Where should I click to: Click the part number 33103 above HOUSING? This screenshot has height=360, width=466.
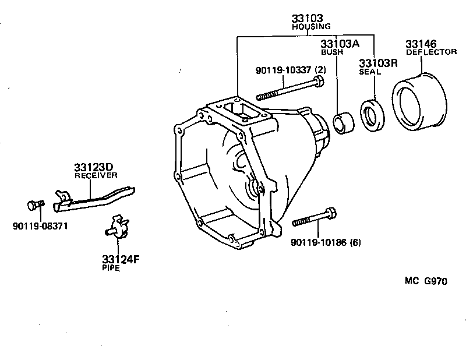tap(307, 19)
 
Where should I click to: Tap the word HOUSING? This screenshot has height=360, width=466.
tap(311, 27)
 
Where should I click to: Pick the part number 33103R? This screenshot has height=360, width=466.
tap(377, 63)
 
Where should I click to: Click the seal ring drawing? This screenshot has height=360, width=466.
tap(372, 114)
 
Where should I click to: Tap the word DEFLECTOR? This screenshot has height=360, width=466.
tap(430, 52)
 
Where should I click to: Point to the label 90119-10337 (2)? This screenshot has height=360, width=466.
tap(291, 70)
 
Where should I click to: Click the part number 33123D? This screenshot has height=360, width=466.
tap(92, 167)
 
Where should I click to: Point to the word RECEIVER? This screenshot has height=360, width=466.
tap(96, 175)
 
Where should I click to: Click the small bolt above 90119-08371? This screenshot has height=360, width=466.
tap(34, 205)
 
